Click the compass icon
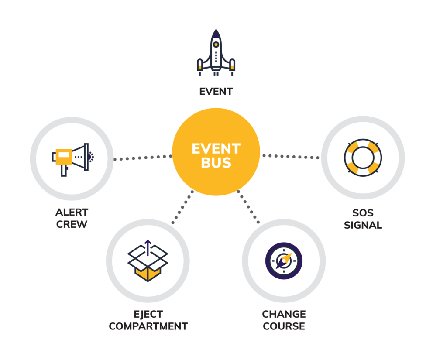point(284,261)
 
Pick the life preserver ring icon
point(363,158)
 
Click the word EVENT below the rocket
point(216,92)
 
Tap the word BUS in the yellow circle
point(216,163)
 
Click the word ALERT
point(72,213)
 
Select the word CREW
point(72,225)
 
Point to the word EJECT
point(148,314)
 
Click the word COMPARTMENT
point(148,326)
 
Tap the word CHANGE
point(284,314)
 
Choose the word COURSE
point(284,326)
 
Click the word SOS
point(363,213)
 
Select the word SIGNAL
point(363,226)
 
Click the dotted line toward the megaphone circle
point(143,158)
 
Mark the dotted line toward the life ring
point(290,156)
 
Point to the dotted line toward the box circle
point(183,207)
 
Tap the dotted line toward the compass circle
point(248,207)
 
